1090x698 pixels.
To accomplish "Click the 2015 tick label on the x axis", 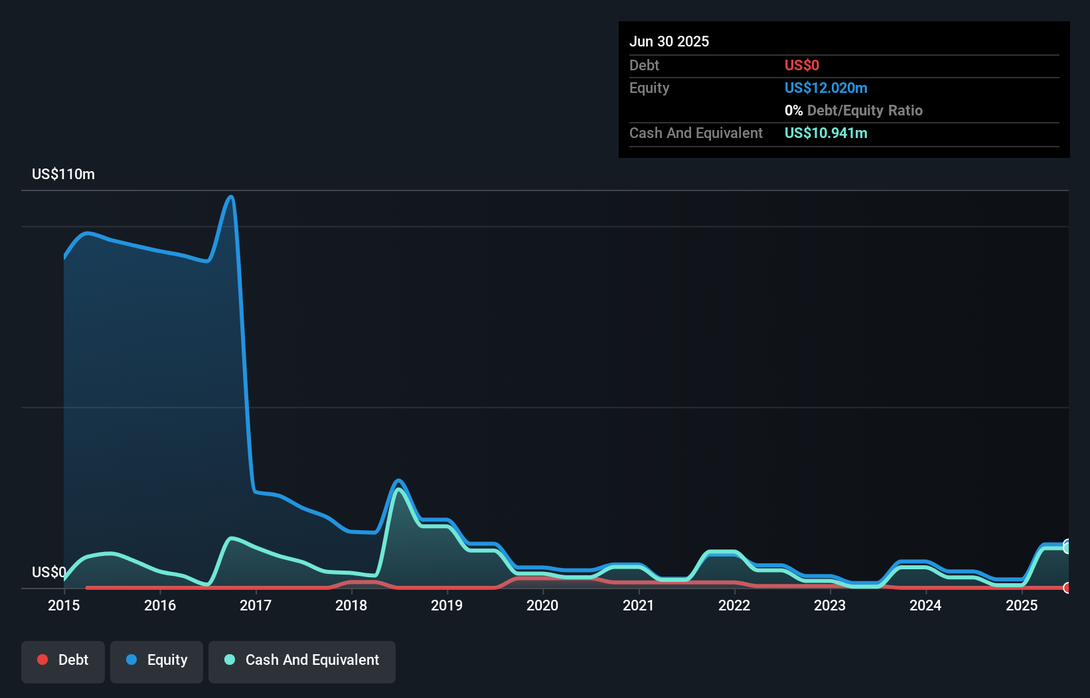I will tap(64, 605).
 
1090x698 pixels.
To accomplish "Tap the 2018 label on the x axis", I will tap(351, 605).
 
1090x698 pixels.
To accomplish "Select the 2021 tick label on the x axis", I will tap(639, 605).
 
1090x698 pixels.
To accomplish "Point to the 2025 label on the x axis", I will tap(1022, 605).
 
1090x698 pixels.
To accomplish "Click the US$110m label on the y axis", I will tap(63, 174).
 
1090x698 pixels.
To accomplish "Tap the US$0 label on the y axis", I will tap(48, 572).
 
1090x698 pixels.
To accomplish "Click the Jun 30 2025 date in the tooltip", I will tap(669, 41).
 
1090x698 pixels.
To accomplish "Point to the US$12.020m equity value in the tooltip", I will tap(826, 88).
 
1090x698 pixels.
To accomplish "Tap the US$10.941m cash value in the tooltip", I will tap(826, 133).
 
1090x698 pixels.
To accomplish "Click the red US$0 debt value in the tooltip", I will tap(802, 66).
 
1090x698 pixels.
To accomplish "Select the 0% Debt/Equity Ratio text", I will tap(854, 111).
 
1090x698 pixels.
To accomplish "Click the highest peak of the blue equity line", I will tap(231, 196).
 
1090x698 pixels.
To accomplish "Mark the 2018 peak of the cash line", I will tap(398, 490).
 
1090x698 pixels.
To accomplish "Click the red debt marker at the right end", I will tap(1067, 588).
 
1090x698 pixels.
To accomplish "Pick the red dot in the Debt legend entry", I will tap(42, 660).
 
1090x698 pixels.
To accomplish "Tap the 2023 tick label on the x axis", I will tap(830, 605).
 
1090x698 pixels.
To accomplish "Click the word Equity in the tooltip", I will tap(649, 88).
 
